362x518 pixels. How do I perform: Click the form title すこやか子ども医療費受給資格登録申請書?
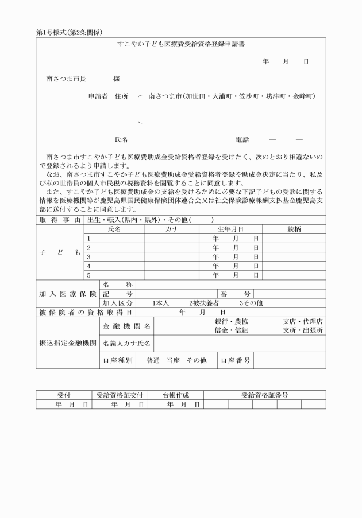[x=180, y=44]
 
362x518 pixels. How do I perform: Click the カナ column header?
[x=172, y=229]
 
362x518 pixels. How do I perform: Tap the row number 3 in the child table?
[x=89, y=256]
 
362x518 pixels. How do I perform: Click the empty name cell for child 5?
[x=117, y=275]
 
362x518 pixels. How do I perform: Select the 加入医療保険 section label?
[x=67, y=293]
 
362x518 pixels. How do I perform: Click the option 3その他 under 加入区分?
[x=251, y=303]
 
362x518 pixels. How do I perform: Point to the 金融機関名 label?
[x=126, y=326]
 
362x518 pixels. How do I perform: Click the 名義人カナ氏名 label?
[x=126, y=344]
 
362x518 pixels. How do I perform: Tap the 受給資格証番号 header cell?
[x=264, y=395]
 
